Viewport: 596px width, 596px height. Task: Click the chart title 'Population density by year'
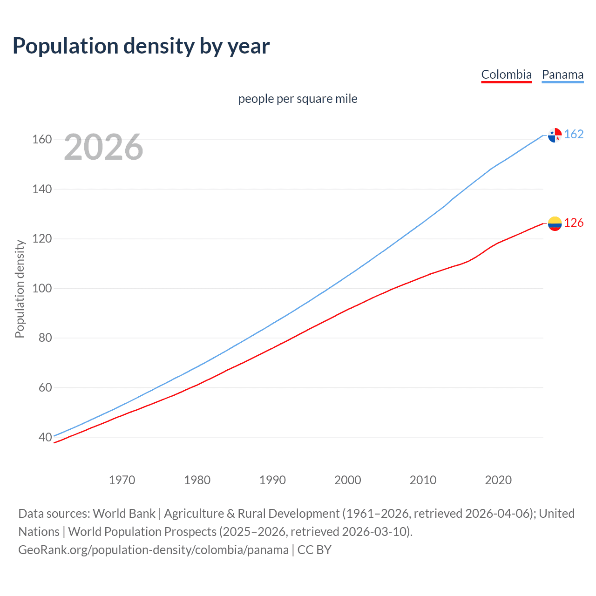pyautogui.click(x=141, y=46)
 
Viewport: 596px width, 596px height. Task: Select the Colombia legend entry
pyautogui.click(x=506, y=74)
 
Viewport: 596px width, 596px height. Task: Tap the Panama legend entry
pyautogui.click(x=562, y=74)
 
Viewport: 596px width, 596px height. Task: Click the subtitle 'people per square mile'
pyautogui.click(x=298, y=99)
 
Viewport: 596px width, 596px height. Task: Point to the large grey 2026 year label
pyautogui.click(x=103, y=147)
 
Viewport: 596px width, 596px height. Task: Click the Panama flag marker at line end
pyautogui.click(x=555, y=135)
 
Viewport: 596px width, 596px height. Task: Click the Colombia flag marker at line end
pyautogui.click(x=555, y=223)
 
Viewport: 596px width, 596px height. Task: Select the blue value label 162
pyautogui.click(x=574, y=135)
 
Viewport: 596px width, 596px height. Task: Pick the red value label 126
pyautogui.click(x=574, y=223)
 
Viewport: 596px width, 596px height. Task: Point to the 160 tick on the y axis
pyautogui.click(x=42, y=140)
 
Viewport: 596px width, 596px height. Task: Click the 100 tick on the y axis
pyautogui.click(x=42, y=288)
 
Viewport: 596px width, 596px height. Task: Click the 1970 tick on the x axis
pyautogui.click(x=122, y=480)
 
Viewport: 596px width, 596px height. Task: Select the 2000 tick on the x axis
pyautogui.click(x=348, y=480)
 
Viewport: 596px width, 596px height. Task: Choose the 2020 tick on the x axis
pyautogui.click(x=498, y=480)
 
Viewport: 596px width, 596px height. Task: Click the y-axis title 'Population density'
pyautogui.click(x=20, y=289)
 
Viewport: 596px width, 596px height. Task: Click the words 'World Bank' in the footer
pyautogui.click(x=124, y=514)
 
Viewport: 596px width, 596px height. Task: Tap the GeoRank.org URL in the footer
pyautogui.click(x=153, y=550)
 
